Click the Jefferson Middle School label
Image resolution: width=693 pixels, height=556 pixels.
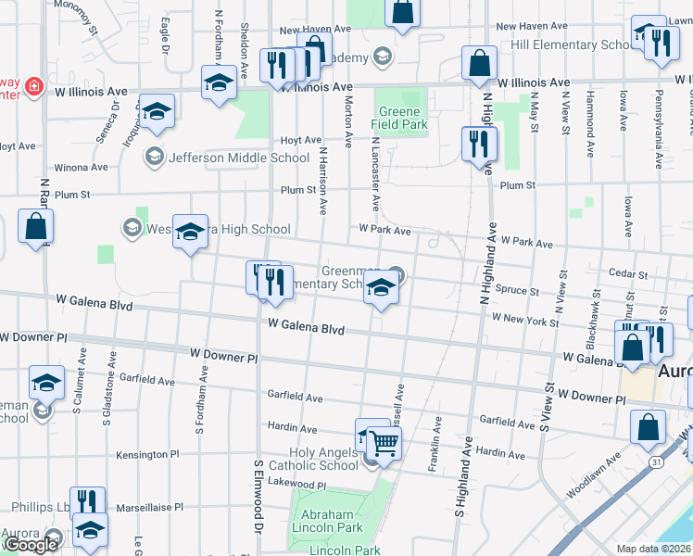click(238, 158)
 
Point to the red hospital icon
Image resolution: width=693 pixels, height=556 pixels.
click(34, 86)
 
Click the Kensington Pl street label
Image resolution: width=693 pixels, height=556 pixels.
click(147, 455)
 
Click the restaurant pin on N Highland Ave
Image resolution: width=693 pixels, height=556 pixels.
click(479, 143)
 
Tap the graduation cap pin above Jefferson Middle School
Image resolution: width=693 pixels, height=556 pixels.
click(157, 110)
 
